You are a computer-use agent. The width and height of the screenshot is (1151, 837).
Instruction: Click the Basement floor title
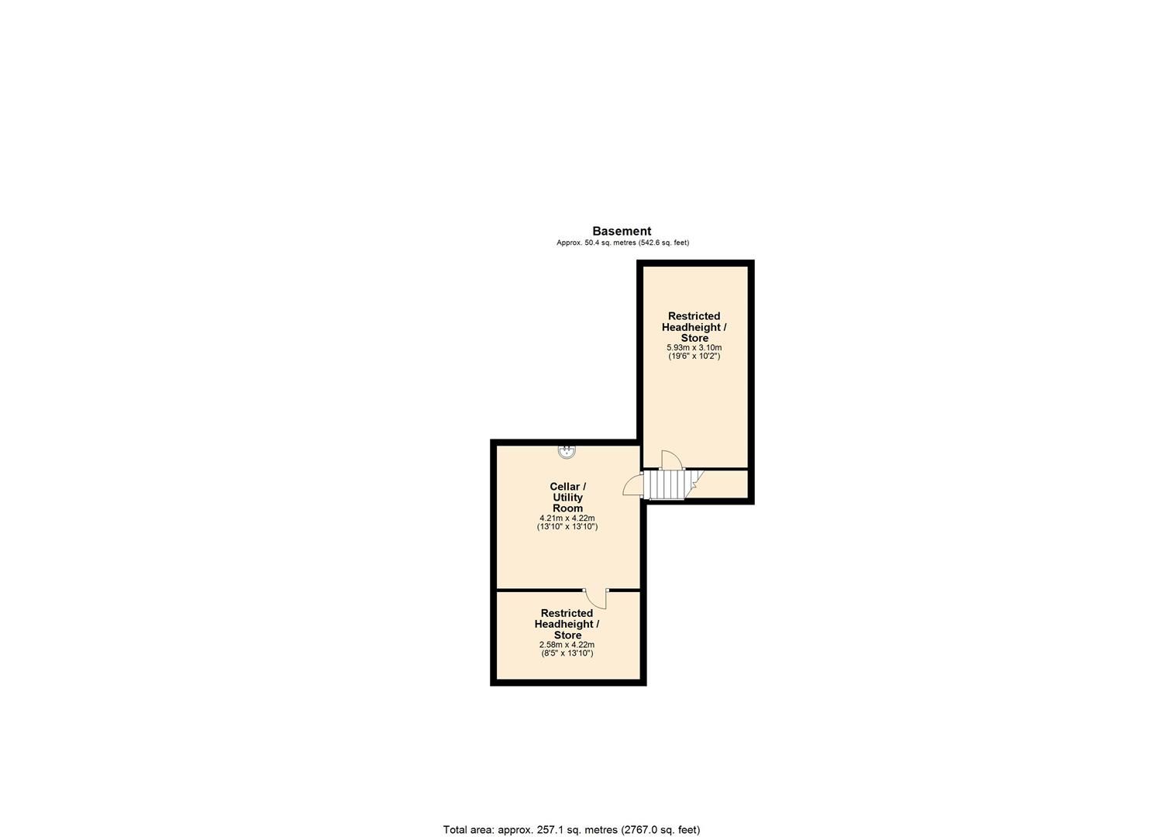coord(622,231)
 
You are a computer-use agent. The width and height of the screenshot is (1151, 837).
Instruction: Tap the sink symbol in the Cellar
coord(567,451)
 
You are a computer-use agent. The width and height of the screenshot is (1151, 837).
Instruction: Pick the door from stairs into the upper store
coord(671,460)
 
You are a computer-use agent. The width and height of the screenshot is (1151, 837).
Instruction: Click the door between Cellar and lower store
coord(596,598)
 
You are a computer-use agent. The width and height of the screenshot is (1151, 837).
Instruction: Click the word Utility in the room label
coord(567,498)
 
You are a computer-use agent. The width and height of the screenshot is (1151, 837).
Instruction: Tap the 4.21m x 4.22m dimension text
coord(567,518)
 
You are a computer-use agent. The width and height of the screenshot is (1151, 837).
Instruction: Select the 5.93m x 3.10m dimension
coord(694,348)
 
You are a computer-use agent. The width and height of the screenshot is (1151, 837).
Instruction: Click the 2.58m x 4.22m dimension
coord(567,645)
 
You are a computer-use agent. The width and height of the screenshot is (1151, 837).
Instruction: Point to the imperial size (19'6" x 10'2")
coord(694,356)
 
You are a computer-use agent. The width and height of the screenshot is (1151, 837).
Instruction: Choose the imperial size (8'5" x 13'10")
coord(567,653)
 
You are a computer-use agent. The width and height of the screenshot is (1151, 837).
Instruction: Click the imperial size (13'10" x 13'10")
coord(567,527)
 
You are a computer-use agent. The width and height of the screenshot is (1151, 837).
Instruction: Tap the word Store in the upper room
coord(694,338)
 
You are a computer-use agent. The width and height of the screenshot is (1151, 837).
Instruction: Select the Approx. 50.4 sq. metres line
coord(622,243)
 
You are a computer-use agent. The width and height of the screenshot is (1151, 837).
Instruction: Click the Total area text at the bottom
coord(571,829)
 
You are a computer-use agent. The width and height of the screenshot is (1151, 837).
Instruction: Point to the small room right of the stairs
coord(723,484)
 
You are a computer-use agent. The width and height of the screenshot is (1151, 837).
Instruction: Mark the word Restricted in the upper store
coord(694,316)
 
